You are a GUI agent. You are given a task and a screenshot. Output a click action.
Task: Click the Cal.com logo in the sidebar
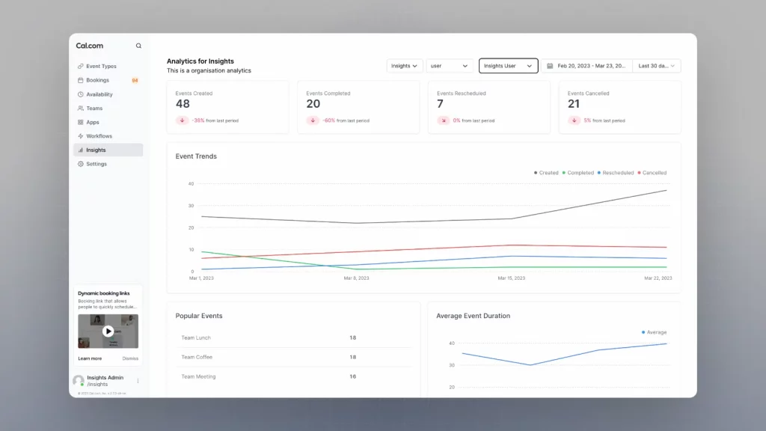click(89, 46)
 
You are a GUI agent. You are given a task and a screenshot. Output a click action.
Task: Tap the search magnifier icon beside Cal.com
click(138, 46)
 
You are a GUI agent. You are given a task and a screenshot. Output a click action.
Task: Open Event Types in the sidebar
click(101, 66)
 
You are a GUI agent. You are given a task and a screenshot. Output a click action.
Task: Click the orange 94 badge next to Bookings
click(135, 80)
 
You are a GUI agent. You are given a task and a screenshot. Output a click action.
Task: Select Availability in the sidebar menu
click(99, 94)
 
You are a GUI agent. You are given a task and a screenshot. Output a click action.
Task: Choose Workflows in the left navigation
click(99, 136)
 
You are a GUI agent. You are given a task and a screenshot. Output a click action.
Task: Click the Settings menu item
click(96, 164)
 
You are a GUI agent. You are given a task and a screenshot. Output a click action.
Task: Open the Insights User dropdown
click(508, 66)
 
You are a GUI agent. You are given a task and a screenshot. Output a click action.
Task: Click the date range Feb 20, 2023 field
click(586, 66)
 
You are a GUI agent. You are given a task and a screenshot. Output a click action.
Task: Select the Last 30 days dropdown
click(656, 66)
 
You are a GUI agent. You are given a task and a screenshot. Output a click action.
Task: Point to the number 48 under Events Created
click(183, 104)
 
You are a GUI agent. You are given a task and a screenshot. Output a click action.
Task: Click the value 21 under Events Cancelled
click(574, 104)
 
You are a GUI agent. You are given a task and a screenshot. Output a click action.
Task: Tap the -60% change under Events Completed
click(328, 120)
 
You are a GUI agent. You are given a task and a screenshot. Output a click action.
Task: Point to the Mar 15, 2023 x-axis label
click(511, 278)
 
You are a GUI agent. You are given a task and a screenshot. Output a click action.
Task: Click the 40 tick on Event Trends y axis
click(191, 183)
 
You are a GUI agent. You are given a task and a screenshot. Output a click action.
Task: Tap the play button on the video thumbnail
click(108, 331)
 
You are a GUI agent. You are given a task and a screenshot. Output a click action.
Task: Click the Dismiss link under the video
click(130, 358)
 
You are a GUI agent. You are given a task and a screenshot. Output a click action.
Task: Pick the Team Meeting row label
click(198, 376)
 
